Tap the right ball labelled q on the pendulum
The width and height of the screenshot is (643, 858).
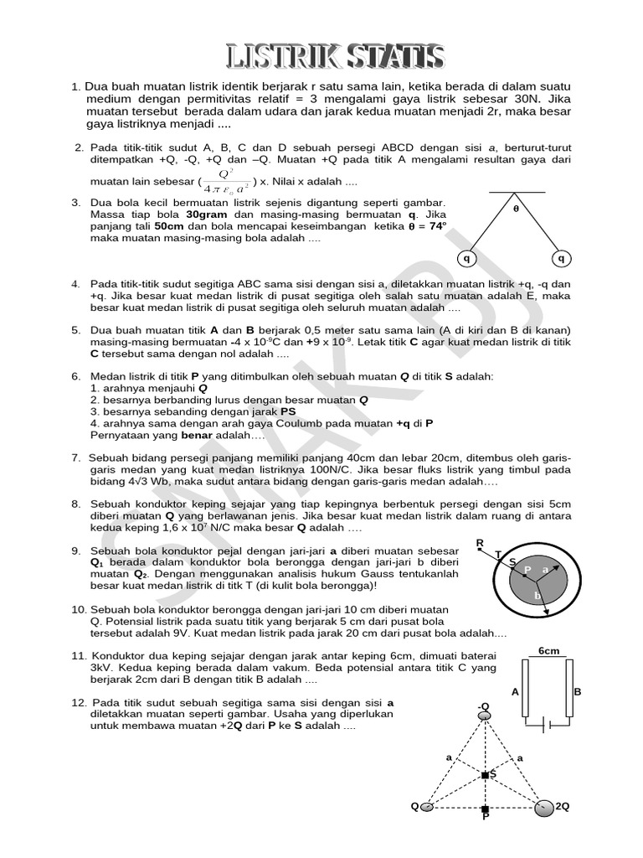pyautogui.click(x=562, y=259)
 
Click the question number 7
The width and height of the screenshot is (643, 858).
pyautogui.click(x=75, y=457)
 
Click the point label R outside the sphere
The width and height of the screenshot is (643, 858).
pyautogui.click(x=480, y=544)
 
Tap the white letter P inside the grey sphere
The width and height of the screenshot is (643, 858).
pyautogui.click(x=527, y=570)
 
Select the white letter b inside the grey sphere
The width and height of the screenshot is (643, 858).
pyautogui.click(x=538, y=595)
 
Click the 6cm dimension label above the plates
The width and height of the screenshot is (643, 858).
pyautogui.click(x=549, y=651)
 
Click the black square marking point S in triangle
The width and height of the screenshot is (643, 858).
pyautogui.click(x=485, y=775)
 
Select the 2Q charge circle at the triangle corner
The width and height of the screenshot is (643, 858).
pyautogui.click(x=543, y=807)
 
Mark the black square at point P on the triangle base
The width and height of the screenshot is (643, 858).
pyautogui.click(x=485, y=809)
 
